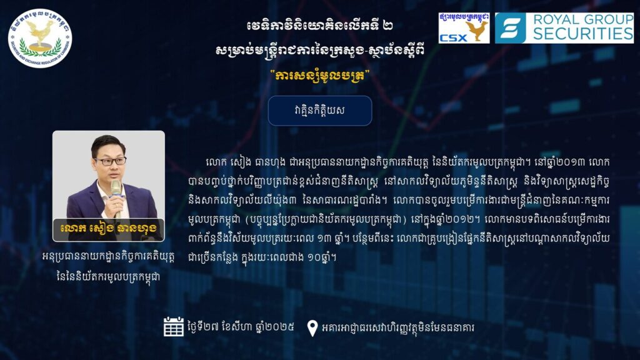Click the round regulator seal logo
[40, 38]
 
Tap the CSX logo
[464, 27]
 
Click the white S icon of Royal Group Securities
[510, 27]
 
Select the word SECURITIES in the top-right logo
[583, 34]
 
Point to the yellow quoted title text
[319, 76]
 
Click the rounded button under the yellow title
[319, 111]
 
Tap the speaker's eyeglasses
[110, 161]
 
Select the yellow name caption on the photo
[108, 227]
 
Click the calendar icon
[174, 326]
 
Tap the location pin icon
[312, 327]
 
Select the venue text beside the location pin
[398, 327]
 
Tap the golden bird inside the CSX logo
[477, 30]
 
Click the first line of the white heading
[319, 26]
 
